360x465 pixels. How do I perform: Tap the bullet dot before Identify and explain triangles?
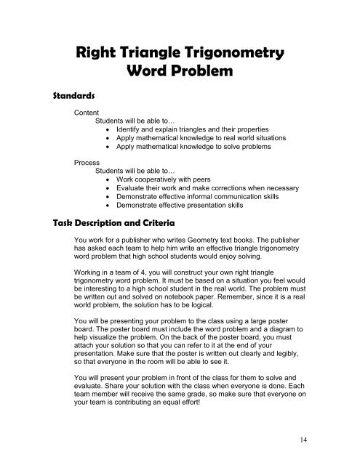pyautogui.click(x=108, y=129)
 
